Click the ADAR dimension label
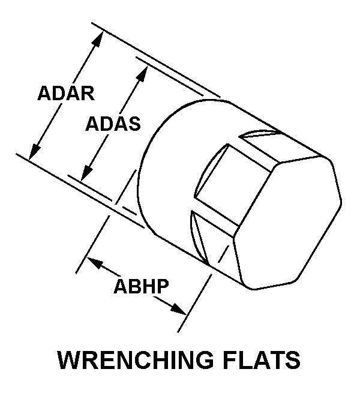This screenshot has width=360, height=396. click(x=66, y=94)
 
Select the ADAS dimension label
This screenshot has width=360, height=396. click(x=113, y=124)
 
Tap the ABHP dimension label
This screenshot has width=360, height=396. click(x=141, y=286)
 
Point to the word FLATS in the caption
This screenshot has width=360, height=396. click(x=262, y=359)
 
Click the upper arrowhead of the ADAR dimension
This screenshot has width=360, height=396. click(x=99, y=38)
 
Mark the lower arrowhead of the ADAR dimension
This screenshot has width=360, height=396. click(x=34, y=152)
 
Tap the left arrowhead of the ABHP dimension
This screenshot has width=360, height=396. click(x=94, y=263)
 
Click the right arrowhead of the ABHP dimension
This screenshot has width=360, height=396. click(x=178, y=309)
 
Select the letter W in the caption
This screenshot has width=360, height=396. click(x=68, y=359)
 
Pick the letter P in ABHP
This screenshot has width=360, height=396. click(x=162, y=286)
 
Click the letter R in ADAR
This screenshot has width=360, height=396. click(x=88, y=94)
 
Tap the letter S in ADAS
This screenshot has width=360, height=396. click(x=134, y=124)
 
